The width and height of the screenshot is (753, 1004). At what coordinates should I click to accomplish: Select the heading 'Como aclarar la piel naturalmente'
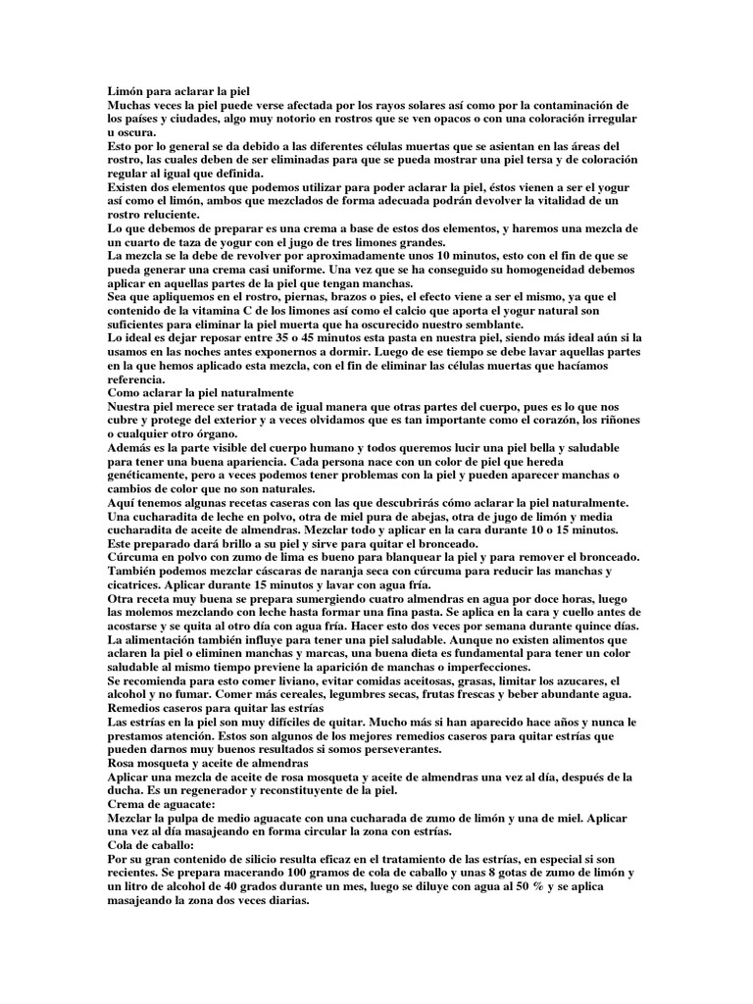[x=200, y=391]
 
